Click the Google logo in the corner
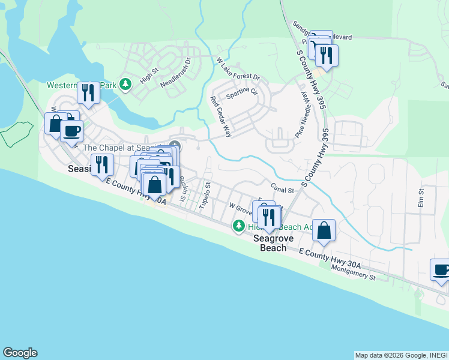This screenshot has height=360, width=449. click(x=20, y=353)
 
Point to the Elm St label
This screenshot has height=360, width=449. click(x=421, y=199)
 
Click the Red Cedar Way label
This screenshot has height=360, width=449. click(x=220, y=116)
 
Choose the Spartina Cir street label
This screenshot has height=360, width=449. click(x=241, y=93)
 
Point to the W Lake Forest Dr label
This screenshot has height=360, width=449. click(x=238, y=69)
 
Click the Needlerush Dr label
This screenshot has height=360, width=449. click(x=175, y=73)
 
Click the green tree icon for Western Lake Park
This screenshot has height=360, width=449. click(x=125, y=85)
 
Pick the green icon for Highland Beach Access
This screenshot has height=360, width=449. click(x=239, y=226)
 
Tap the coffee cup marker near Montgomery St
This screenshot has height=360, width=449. click(x=441, y=269)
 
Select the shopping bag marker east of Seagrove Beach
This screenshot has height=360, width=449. click(x=324, y=230)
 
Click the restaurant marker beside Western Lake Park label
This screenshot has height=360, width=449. click(x=88, y=92)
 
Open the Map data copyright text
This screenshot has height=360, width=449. click(x=400, y=355)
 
